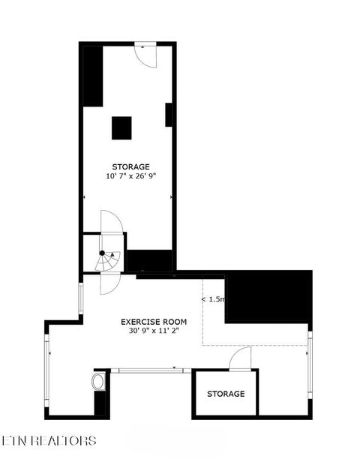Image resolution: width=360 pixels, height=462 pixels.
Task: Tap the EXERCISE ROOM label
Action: [154, 321]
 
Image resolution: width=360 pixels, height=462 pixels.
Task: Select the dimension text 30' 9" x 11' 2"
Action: [154, 330]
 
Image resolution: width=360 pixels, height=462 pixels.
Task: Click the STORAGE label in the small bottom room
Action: [226, 394]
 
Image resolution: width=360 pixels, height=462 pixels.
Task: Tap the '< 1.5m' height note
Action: [213, 299]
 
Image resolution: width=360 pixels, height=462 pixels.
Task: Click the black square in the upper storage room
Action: [122, 127]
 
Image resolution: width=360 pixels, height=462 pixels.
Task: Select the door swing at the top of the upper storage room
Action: [145, 55]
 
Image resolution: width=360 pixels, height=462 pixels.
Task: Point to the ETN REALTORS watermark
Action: [49, 440]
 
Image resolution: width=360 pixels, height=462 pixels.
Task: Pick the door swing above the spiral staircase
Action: [111, 223]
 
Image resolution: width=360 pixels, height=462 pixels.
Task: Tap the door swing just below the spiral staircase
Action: [109, 283]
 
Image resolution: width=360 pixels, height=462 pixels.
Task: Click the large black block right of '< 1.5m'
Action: [268, 297]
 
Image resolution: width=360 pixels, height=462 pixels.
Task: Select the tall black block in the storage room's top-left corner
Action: [92, 76]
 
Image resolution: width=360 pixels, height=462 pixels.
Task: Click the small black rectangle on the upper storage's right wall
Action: [169, 115]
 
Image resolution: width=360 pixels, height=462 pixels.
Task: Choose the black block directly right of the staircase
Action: [150, 260]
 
